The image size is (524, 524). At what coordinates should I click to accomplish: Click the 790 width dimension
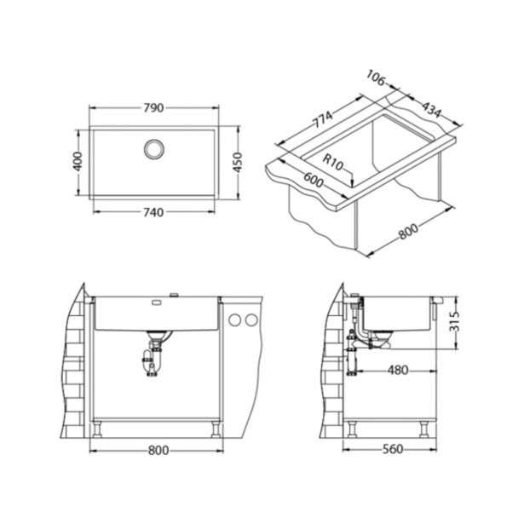(153, 108)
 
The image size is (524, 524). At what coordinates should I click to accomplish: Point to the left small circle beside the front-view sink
(234, 320)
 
